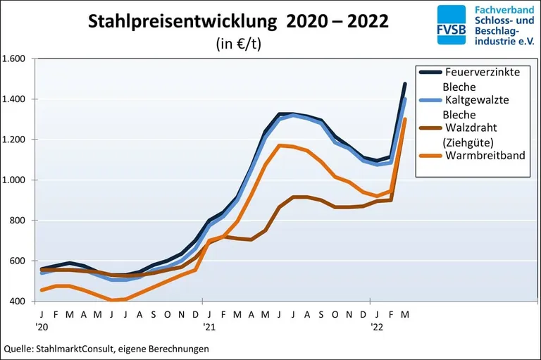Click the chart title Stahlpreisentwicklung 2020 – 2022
point(237,21)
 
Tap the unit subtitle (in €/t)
point(238,43)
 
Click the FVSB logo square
point(451,25)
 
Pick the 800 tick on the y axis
point(18,221)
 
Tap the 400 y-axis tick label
point(18,302)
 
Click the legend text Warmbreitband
point(485,155)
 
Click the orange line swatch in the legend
point(430,155)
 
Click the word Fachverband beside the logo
point(500,11)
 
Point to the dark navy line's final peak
point(404,84)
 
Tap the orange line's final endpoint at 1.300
point(404,119)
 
